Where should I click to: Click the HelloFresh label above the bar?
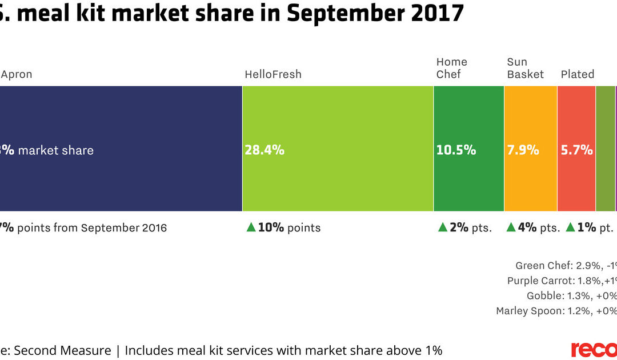[x=273, y=74]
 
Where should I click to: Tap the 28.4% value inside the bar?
[x=265, y=150]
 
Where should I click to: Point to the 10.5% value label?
[x=456, y=150]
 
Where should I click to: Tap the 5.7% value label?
[x=576, y=150]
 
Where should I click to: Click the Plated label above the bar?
[x=577, y=74]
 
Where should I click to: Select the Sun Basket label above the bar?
[x=525, y=68]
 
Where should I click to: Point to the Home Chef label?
[x=451, y=68]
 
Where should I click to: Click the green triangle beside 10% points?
[x=250, y=227]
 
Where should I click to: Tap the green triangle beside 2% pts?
[x=442, y=227]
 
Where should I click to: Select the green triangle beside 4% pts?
[x=511, y=227]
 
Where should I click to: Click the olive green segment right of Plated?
[x=605, y=149]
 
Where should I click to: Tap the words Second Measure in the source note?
[x=62, y=350]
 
